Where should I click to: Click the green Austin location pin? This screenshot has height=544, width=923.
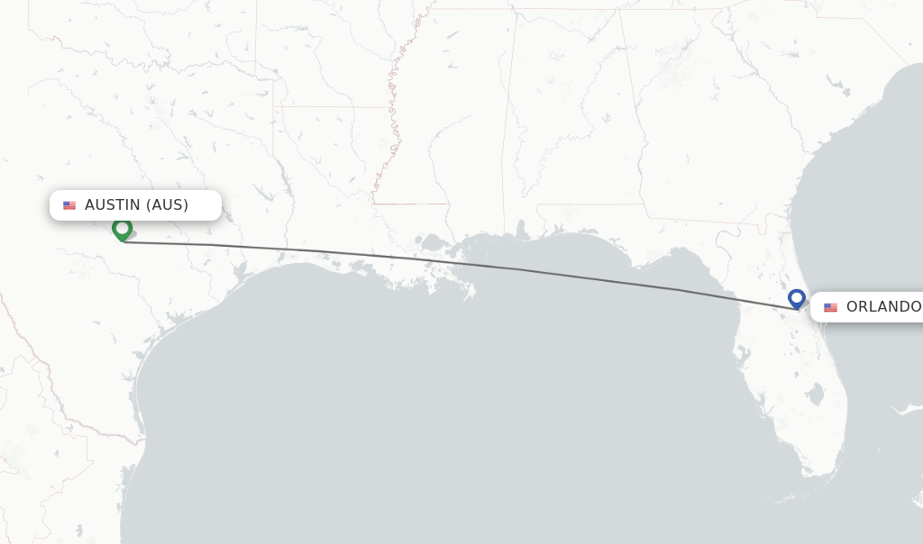click(122, 229)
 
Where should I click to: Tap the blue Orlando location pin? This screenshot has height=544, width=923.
click(796, 298)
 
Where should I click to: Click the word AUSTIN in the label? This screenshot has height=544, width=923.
click(113, 205)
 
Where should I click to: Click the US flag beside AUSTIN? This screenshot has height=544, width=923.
click(69, 205)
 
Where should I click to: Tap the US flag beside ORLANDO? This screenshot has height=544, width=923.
click(830, 307)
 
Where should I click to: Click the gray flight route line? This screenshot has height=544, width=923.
click(451, 262)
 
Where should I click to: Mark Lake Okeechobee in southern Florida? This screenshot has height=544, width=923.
click(816, 394)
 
